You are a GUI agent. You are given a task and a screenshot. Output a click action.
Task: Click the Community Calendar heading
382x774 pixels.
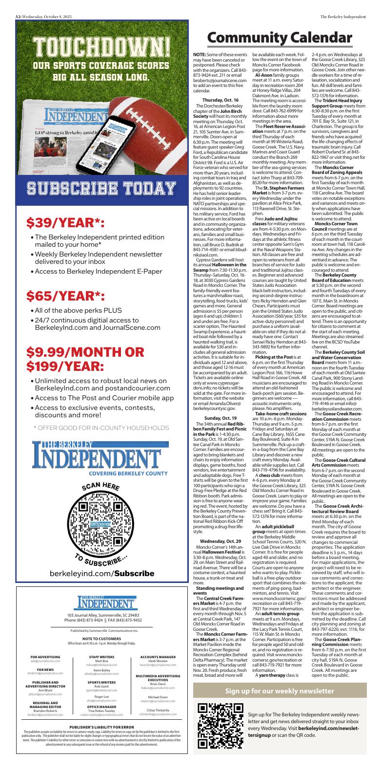279,37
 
